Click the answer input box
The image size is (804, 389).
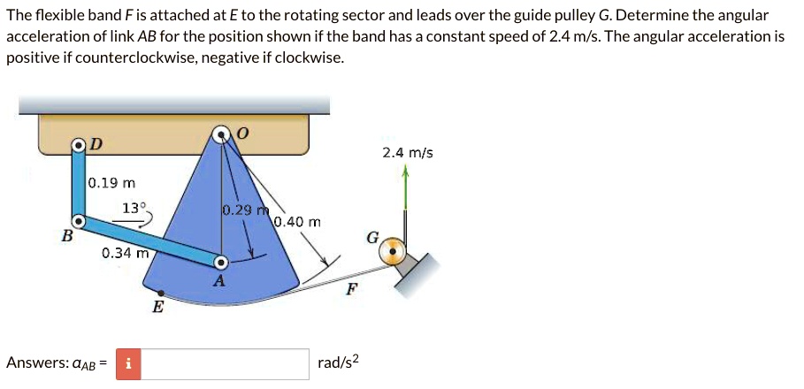(225, 363)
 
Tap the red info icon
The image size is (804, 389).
(128, 363)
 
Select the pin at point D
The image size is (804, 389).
(79, 145)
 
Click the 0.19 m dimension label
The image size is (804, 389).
(112, 184)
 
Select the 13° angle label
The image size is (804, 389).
(134, 209)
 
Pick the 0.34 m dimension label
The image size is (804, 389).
(124, 253)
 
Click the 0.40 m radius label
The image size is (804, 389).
(297, 221)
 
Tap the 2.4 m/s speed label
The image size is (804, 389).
(408, 153)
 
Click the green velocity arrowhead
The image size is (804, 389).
(405, 175)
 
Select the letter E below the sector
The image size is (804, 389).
(157, 308)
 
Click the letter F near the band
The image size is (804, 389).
(350, 289)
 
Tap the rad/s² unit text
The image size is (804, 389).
(340, 363)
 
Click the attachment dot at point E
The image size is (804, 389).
(159, 293)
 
